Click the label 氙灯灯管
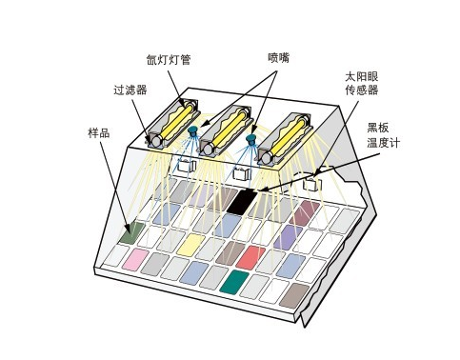coord(169,59)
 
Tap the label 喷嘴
coord(278,57)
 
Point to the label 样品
coord(98,133)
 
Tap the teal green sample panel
coord(233,281)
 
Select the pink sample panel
coord(133,258)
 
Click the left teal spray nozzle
coord(193,130)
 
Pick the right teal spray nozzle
coord(251,140)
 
